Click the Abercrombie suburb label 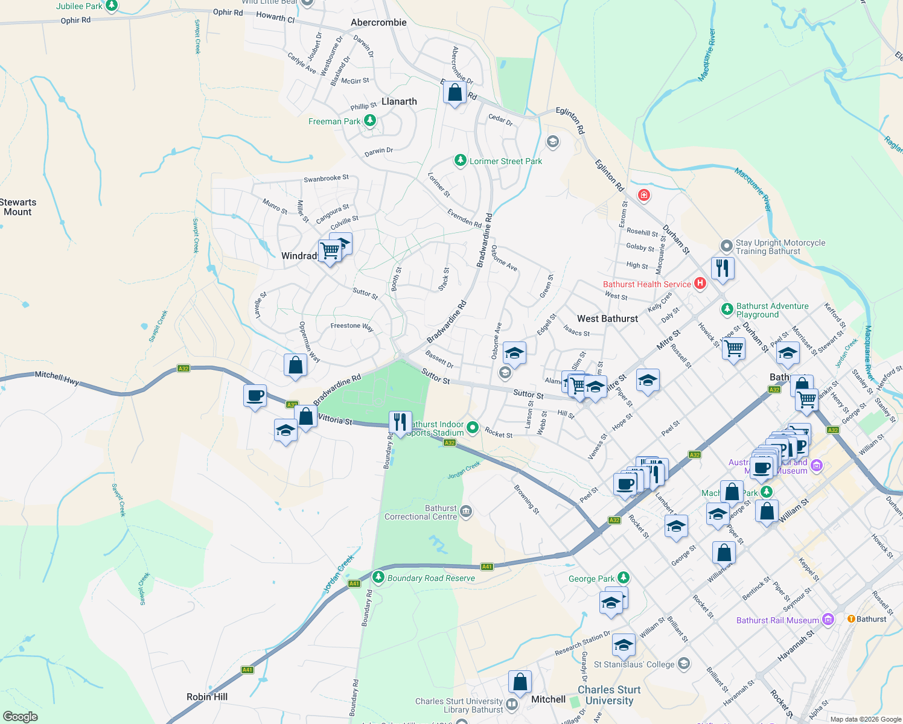point(378,22)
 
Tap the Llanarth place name point(399,101)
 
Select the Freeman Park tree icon point(370,121)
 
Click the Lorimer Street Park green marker point(461,160)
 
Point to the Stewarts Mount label point(18,207)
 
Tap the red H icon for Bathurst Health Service point(700,283)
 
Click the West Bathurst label point(607,319)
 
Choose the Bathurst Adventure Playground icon point(727,310)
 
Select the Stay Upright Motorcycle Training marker point(726,246)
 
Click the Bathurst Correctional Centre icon point(465,512)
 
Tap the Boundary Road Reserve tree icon point(378,577)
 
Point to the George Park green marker point(624,578)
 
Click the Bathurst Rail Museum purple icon point(828,620)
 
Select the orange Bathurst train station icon point(851,618)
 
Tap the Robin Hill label point(207,697)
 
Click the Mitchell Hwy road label point(57,378)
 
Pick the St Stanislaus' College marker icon point(683,664)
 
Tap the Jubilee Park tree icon point(111,5)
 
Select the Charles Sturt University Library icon point(512,704)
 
